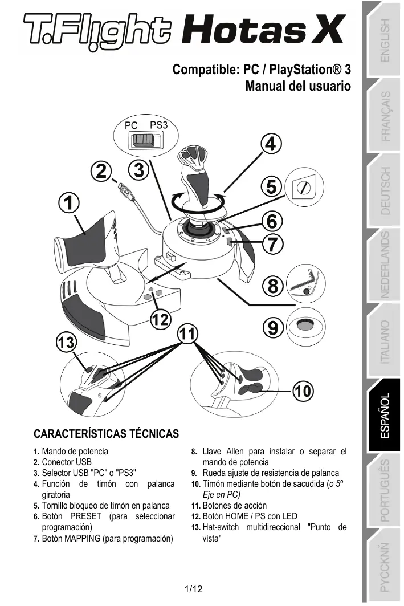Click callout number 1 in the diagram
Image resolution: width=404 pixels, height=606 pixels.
pos(68,203)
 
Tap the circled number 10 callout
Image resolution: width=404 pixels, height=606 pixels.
pos(303,391)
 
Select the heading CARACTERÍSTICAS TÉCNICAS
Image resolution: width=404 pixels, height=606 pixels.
pos(106,433)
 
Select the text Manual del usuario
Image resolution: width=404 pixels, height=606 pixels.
pos(297,87)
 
